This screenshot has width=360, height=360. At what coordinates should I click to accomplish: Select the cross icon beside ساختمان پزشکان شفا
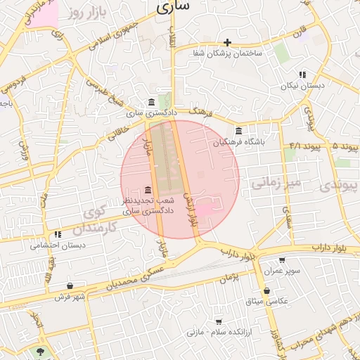(x=227, y=43)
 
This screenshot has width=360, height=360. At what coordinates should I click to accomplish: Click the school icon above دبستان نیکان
(x=302, y=74)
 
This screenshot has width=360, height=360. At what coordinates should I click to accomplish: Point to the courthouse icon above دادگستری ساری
(x=153, y=103)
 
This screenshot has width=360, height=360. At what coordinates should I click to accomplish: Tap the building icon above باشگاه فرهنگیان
(x=239, y=131)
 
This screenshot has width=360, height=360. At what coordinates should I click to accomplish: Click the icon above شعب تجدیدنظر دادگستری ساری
(x=148, y=191)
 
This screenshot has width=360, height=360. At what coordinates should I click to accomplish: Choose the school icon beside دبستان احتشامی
(x=57, y=234)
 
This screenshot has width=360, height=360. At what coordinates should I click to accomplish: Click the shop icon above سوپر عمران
(x=283, y=259)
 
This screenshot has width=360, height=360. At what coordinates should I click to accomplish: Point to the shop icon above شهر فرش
(x=70, y=285)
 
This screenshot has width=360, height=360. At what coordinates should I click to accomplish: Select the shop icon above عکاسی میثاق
(x=266, y=290)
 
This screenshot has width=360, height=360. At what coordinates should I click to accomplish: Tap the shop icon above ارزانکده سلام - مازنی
(x=220, y=320)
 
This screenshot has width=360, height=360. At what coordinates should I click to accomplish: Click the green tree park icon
(x=40, y=351)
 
